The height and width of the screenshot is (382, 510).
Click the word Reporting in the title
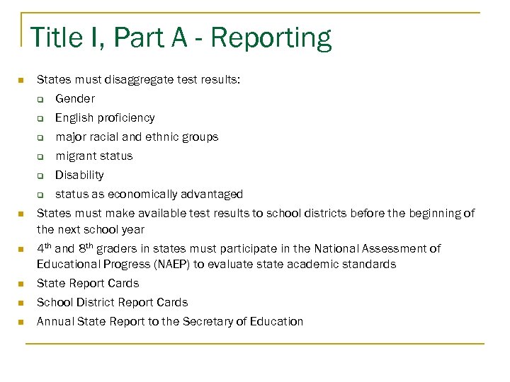pyautogui.click(x=271, y=38)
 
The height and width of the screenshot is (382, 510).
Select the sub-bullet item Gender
pyautogui.click(x=74, y=99)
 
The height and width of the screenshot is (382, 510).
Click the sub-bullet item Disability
pyautogui.click(x=79, y=175)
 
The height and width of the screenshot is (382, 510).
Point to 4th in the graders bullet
pyautogui.click(x=44, y=248)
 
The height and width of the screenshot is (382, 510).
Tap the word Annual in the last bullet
pyautogui.click(x=55, y=322)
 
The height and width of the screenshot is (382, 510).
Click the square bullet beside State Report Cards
pyautogui.click(x=21, y=284)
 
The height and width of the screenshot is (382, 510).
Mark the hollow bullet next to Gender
pyautogui.click(x=41, y=100)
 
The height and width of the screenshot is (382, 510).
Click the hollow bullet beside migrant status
pyautogui.click(x=41, y=157)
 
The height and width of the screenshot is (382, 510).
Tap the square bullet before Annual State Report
pyautogui.click(x=21, y=322)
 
